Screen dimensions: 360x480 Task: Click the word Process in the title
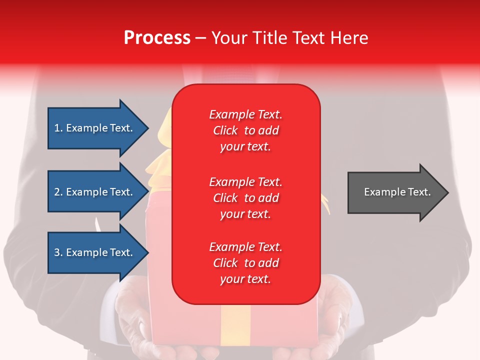(157, 38)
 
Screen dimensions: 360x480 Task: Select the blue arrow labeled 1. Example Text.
(95, 128)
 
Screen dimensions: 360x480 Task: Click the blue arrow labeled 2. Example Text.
(95, 192)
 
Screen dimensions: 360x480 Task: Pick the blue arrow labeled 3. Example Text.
(95, 252)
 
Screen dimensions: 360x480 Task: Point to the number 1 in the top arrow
(57, 128)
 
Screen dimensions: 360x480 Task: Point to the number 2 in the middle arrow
(57, 192)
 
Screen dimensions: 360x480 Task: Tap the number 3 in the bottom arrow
(57, 252)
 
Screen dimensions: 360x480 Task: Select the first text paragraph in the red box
(245, 130)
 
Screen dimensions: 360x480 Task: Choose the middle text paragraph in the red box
(245, 197)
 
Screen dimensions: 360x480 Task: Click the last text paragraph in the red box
(245, 263)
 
